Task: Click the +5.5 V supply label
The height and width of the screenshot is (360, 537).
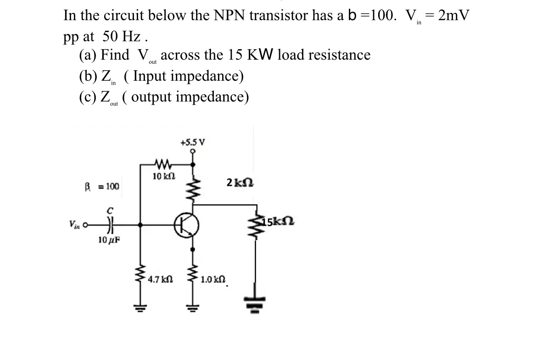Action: tap(193, 142)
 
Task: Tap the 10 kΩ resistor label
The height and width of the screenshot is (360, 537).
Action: tap(163, 177)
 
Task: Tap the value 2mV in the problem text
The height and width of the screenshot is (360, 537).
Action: tap(453, 15)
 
